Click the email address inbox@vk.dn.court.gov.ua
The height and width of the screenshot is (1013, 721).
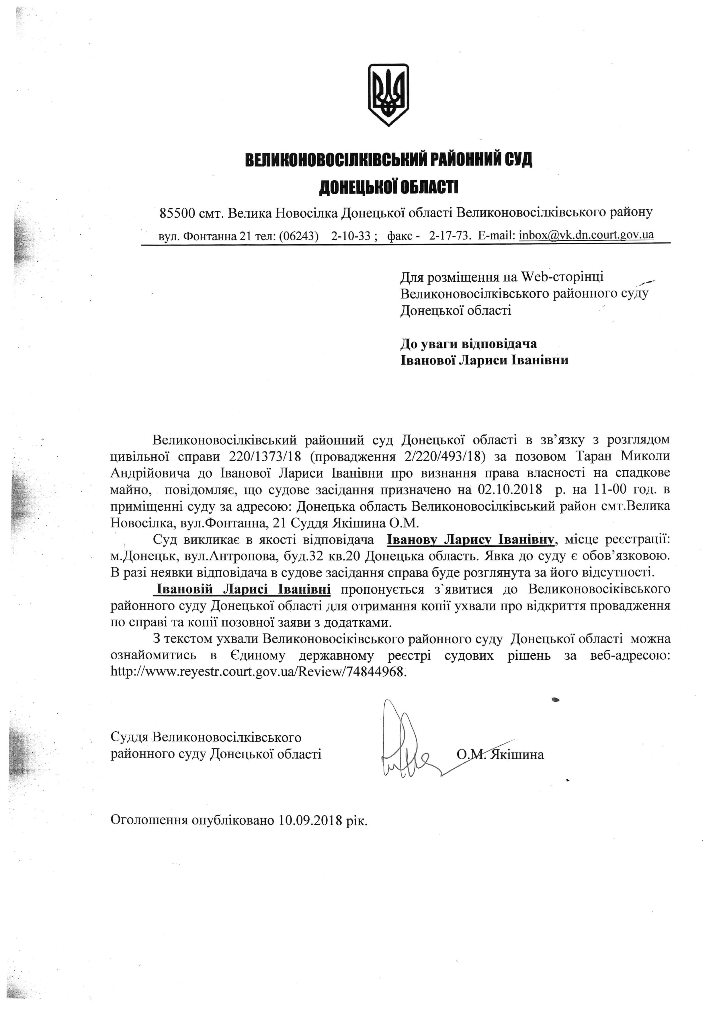[586, 235]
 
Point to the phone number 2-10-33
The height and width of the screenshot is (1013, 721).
[351, 235]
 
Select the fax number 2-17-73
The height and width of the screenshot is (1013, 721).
[449, 235]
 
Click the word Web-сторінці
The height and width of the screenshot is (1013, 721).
[562, 277]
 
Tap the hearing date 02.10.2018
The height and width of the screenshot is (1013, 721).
[510, 490]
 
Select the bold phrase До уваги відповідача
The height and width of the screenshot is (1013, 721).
[468, 343]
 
